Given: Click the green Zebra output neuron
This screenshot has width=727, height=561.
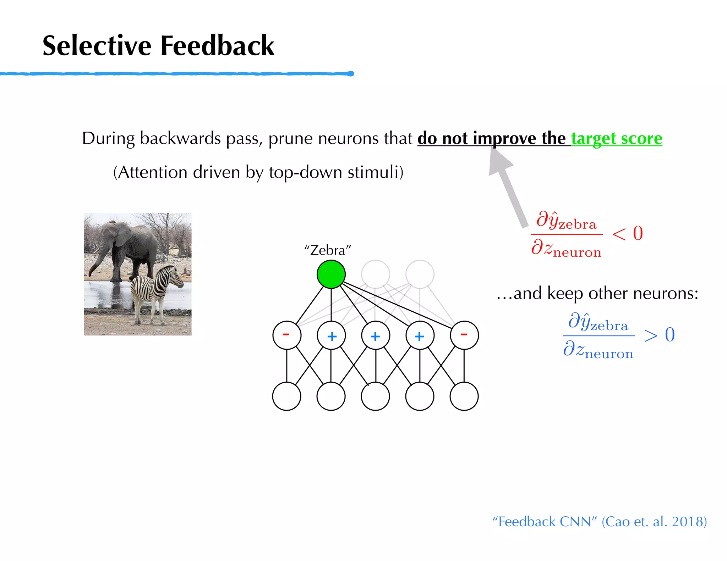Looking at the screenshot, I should coord(331,274).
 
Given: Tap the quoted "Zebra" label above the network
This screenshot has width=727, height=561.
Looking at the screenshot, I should coord(327,250).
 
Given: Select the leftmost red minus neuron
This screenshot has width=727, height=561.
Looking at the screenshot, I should coord(287,335).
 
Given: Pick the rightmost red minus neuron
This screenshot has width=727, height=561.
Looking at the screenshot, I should coord(464,335).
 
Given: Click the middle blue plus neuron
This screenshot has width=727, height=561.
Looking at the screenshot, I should coord(376,335).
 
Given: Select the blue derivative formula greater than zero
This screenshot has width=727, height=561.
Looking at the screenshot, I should coord(618,335).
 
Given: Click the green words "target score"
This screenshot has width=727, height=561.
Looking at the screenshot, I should coord(617,138).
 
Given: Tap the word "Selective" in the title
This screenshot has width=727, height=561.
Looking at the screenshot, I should coord(97,46).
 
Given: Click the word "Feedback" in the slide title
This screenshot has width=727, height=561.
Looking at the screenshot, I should coord(217,46).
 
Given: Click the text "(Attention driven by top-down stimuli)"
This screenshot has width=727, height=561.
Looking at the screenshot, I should coord(258,173).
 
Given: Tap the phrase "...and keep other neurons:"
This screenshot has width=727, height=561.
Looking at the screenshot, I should coord(597,294).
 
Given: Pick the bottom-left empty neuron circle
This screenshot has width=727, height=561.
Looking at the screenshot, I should coord(287,396).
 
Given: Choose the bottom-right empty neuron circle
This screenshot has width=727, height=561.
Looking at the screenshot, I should coord(464,396).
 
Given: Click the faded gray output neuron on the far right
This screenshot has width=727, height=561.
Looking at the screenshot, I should coord(420,274).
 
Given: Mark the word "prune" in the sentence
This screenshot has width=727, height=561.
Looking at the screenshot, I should coord(290,138).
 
